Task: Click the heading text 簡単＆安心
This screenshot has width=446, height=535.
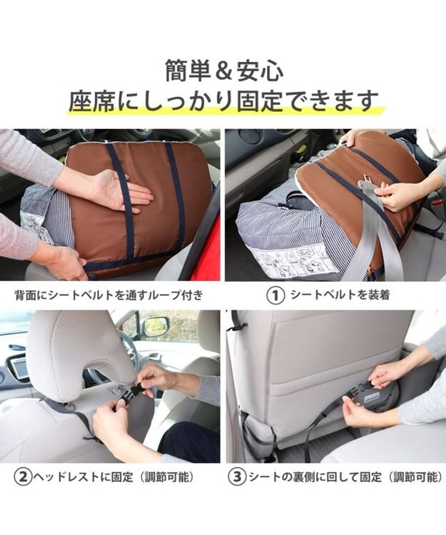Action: [224, 71]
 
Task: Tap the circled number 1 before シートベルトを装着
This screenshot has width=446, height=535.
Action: [275, 295]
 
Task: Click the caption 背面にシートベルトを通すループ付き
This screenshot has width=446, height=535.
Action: [109, 295]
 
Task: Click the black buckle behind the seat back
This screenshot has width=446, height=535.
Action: [355, 392]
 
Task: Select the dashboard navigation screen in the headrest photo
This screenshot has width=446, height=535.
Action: [17, 367]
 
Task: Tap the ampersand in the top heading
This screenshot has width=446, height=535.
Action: [223, 71]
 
